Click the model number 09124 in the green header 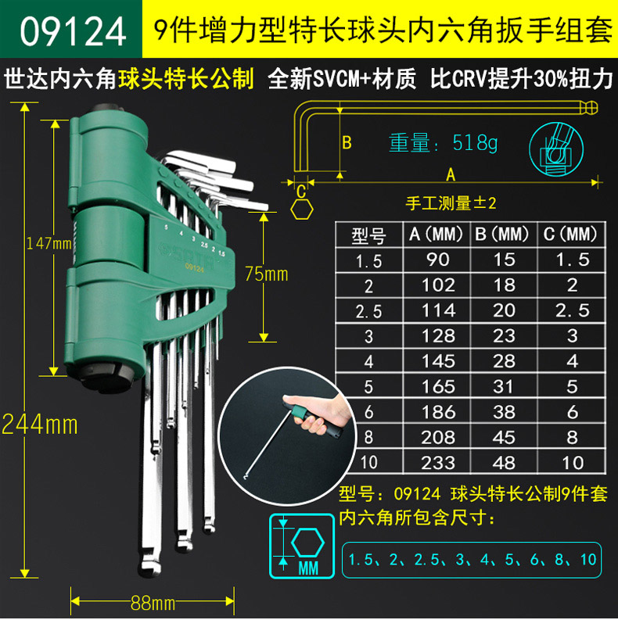coord(73,31)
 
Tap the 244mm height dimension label coord(40,425)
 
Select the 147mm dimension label coord(49,243)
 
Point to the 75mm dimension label coord(266,274)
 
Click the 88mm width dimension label coord(153,603)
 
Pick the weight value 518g coord(475,143)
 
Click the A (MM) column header coord(436,234)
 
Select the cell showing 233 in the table coord(437,463)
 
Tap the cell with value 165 coord(437,386)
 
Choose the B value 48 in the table coord(504,463)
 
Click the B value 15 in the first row coord(504,260)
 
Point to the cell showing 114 coord(437,310)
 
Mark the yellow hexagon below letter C coord(302,210)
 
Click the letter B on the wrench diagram coord(347,143)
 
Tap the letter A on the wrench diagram coord(451,174)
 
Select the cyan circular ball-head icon coord(556,149)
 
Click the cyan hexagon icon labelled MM coord(302,546)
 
